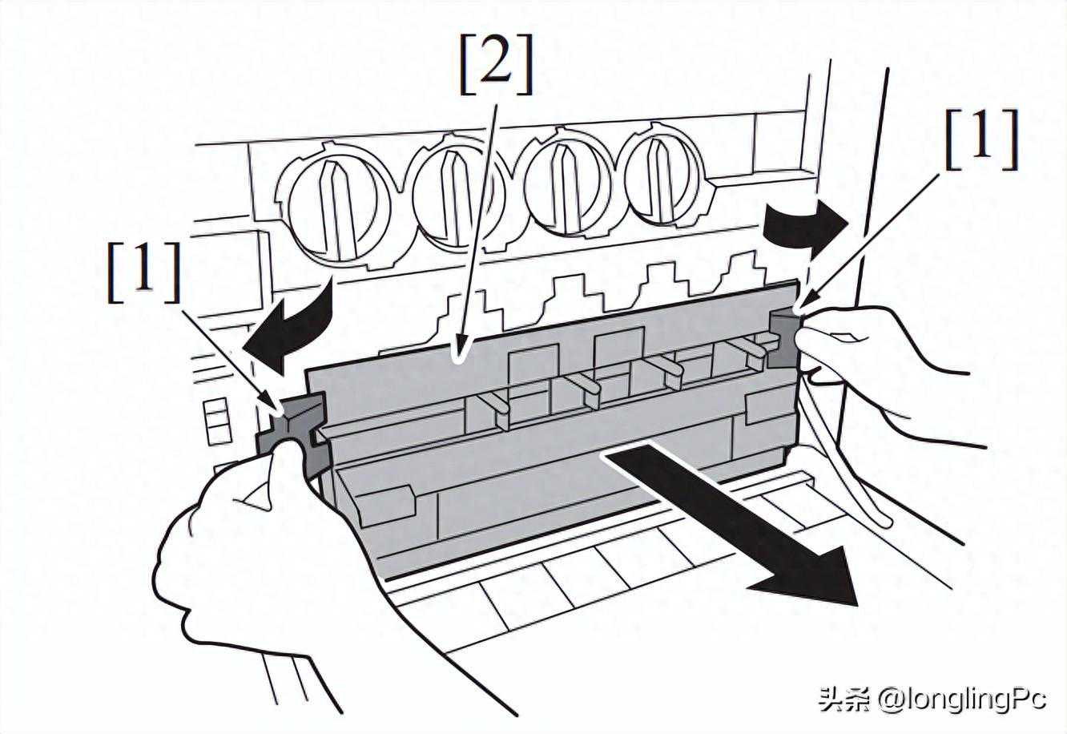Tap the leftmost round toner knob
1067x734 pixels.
pyautogui.click(x=340, y=206)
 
